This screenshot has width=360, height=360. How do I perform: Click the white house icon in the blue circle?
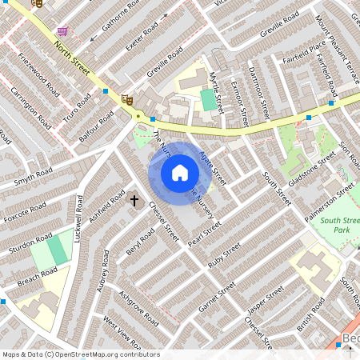tap(180, 172)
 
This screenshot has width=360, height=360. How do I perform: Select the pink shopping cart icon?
tap(62, 31)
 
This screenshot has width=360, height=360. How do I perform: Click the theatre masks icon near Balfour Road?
tap(126, 99)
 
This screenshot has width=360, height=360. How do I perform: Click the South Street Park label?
tap(342, 225)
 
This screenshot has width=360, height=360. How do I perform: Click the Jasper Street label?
tap(266, 302)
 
